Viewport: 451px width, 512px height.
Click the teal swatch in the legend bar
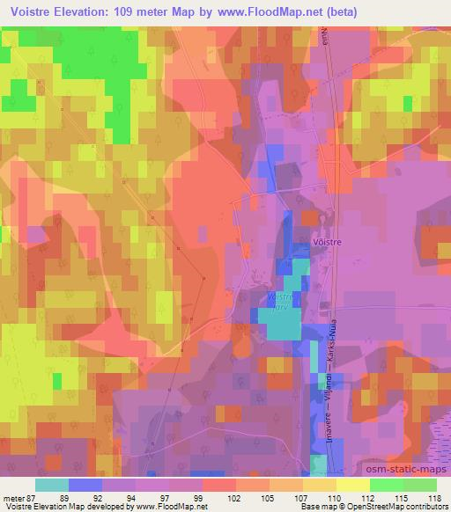pyautogui.click(x=52, y=485)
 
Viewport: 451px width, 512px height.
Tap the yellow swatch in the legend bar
pyautogui.click(x=320, y=485)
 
